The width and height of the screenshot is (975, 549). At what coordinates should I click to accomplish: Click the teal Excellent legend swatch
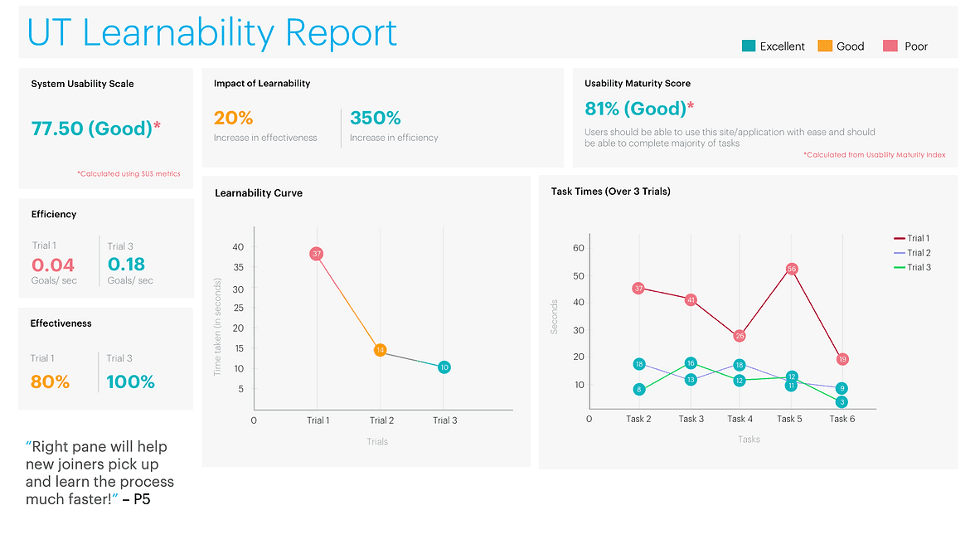[x=749, y=46]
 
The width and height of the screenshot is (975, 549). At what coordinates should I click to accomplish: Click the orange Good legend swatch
[x=825, y=46]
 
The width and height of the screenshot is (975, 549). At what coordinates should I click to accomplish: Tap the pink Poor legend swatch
[x=890, y=46]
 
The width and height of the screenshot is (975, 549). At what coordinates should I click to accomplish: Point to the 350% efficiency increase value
[x=375, y=118]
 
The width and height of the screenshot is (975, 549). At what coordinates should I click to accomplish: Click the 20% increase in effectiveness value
[x=233, y=118]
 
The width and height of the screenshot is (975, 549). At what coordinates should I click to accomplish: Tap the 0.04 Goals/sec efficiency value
[x=53, y=265]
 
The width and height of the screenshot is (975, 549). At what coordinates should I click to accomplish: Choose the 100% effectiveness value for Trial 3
[x=131, y=381]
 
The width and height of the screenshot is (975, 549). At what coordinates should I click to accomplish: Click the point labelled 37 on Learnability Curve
[x=317, y=254]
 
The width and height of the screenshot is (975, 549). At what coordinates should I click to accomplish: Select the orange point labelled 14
[x=380, y=350]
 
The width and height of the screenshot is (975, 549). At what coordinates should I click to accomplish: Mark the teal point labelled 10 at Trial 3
[x=444, y=367]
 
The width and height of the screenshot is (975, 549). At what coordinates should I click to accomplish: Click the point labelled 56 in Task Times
[x=792, y=270]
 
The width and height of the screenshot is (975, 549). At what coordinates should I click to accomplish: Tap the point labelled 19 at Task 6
[x=842, y=359]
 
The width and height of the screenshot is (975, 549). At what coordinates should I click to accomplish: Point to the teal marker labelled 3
[x=842, y=402]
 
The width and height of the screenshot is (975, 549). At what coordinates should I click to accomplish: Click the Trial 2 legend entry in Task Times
[x=912, y=253]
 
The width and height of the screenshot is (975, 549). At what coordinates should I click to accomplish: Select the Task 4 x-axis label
[x=740, y=419]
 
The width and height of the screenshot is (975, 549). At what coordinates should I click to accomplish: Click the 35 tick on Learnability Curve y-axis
[x=238, y=267]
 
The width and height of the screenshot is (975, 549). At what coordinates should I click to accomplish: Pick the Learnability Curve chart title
[x=259, y=192]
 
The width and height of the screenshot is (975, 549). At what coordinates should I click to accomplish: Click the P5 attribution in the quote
[x=142, y=499]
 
